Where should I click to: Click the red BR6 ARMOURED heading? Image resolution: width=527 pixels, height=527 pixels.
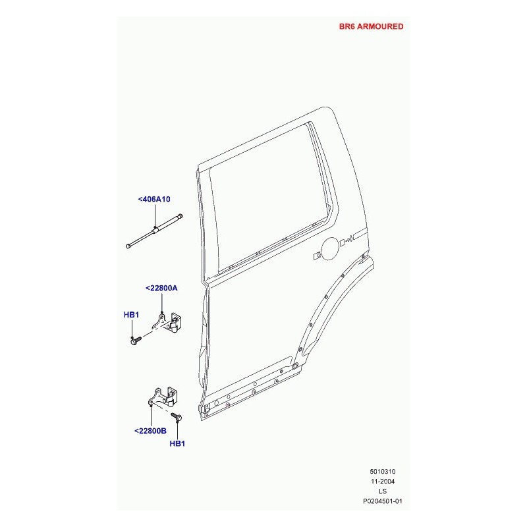(x=371, y=26)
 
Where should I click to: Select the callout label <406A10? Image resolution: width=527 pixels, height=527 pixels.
(x=154, y=200)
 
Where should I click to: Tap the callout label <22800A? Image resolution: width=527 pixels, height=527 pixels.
(x=161, y=288)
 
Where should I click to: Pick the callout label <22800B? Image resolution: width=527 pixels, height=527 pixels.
(x=150, y=431)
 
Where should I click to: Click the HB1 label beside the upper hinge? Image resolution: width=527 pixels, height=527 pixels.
(x=131, y=315)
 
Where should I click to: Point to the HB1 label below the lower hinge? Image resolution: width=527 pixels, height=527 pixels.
(x=177, y=443)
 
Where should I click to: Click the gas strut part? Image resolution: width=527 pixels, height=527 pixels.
(x=154, y=231)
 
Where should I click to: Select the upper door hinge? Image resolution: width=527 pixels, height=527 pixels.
(x=167, y=322)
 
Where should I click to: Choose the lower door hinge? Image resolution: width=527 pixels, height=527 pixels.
(x=163, y=398)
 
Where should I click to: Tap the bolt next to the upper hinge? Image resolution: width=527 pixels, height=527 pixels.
(x=136, y=341)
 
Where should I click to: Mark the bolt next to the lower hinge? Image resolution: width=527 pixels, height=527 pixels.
(x=177, y=417)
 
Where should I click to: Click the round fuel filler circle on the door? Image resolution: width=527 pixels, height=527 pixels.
(x=330, y=248)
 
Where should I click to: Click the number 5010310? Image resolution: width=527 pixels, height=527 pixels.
(x=383, y=472)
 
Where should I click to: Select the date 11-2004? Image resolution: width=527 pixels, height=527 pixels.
(x=383, y=482)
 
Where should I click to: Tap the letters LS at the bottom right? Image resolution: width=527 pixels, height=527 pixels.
(x=383, y=491)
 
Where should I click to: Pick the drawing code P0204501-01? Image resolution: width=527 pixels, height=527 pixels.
(x=383, y=501)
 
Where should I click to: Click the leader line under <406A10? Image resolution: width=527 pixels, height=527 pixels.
(x=155, y=216)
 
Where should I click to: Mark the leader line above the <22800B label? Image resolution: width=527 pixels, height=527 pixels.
(x=152, y=416)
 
